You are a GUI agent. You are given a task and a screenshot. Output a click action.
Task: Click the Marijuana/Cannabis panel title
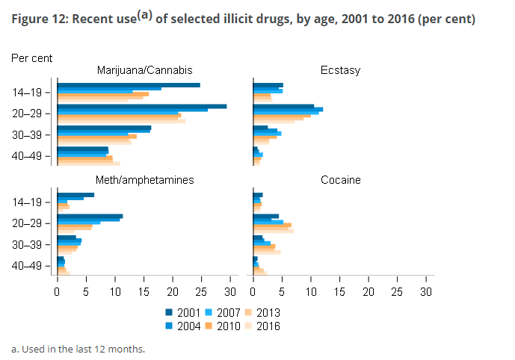pyautogui.click(x=144, y=70)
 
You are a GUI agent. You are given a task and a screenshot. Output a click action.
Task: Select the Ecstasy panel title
pyautogui.click(x=340, y=70)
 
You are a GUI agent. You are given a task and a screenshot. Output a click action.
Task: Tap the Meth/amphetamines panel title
pyautogui.click(x=144, y=180)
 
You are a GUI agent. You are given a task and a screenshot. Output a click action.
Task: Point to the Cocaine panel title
pyautogui.click(x=340, y=180)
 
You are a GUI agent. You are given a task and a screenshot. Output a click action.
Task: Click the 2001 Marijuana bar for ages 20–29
pyautogui.click(x=141, y=106)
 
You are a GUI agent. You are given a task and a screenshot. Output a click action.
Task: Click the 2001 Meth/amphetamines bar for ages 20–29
pyautogui.click(x=90, y=216)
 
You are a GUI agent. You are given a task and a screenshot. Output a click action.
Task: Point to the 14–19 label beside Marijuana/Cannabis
pyautogui.click(x=31, y=93)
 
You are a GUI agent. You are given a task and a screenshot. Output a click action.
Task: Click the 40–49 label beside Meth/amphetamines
pyautogui.click(x=31, y=266)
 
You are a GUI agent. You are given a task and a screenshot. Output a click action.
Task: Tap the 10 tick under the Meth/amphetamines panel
pyautogui.click(x=115, y=291)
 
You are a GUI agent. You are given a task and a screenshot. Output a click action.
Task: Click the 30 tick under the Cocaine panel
pyautogui.click(x=427, y=291)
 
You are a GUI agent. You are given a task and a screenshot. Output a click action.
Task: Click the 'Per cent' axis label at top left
pyautogui.click(x=31, y=57)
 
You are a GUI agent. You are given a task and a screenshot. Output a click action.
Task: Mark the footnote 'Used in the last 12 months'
pyautogui.click(x=78, y=349)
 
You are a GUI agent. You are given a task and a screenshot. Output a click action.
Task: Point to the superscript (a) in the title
pyautogui.click(x=143, y=14)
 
